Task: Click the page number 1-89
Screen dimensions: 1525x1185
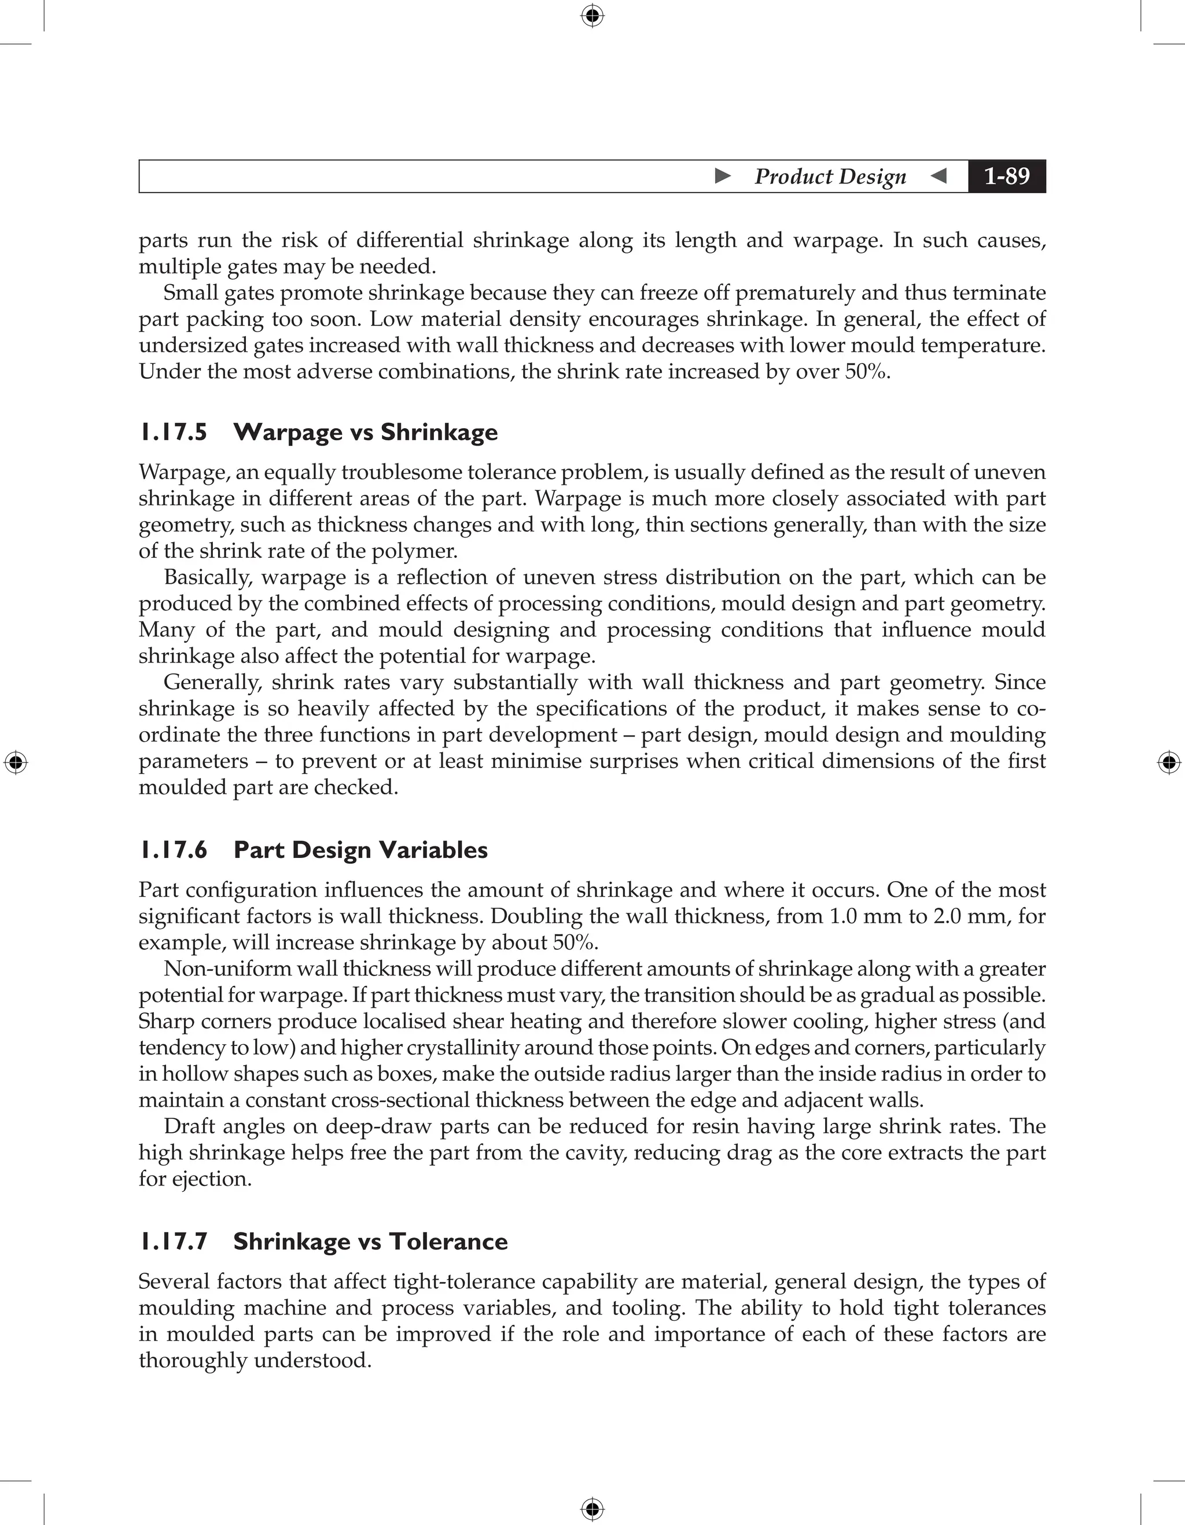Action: pyautogui.click(x=1006, y=176)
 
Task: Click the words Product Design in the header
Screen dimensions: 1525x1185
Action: pyautogui.click(x=830, y=176)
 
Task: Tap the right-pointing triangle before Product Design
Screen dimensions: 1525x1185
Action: pyautogui.click(x=723, y=175)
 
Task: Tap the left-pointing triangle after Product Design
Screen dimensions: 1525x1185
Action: pyautogui.click(x=939, y=175)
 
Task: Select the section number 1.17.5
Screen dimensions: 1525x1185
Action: pyautogui.click(x=173, y=432)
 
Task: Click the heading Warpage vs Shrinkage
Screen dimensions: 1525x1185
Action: pyautogui.click(x=365, y=432)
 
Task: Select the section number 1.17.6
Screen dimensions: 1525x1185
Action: pyautogui.click(x=173, y=850)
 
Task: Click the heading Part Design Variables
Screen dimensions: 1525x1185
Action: pyautogui.click(x=360, y=850)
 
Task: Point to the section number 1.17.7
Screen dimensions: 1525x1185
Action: pyautogui.click(x=173, y=1242)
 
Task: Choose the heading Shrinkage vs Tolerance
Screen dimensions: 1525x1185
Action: pyautogui.click(x=370, y=1242)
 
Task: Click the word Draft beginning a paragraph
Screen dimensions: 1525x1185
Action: pyautogui.click(x=189, y=1126)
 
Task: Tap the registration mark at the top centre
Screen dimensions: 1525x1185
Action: pyautogui.click(x=592, y=16)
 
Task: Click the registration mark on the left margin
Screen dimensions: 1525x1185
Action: pyautogui.click(x=16, y=762)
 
